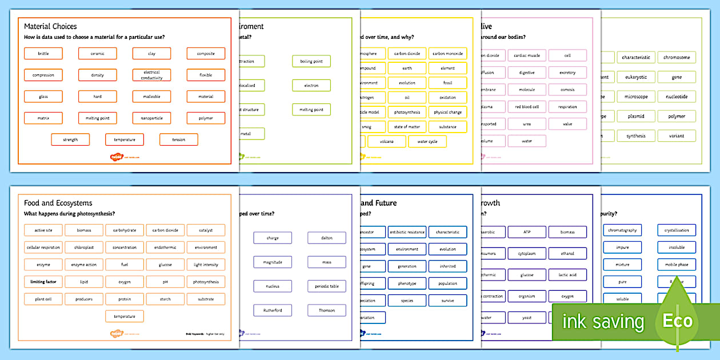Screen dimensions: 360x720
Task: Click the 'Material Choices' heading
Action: tap(50, 26)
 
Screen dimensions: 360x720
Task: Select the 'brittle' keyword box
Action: tap(43, 54)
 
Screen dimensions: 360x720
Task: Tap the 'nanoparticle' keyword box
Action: tap(151, 118)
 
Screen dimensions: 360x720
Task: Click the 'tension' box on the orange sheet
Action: tap(179, 139)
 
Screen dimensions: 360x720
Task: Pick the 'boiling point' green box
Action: tap(311, 61)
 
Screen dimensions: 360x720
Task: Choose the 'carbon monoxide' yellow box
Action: tap(447, 54)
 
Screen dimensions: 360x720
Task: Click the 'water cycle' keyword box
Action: tap(427, 142)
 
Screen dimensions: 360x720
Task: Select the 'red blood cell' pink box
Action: tap(527, 107)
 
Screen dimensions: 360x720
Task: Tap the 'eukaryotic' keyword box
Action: tap(636, 77)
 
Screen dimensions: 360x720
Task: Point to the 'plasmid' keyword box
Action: tap(636, 116)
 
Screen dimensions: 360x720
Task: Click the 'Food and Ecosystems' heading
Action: tap(58, 203)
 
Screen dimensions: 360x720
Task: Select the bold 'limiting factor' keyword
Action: tap(43, 282)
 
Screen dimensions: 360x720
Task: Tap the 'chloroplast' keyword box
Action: tap(84, 247)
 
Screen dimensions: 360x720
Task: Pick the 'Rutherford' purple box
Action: tap(273, 310)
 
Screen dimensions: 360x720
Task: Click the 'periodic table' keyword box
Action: tap(326, 286)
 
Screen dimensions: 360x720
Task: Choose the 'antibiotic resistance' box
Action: tap(407, 232)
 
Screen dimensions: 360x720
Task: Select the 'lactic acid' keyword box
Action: tap(567, 275)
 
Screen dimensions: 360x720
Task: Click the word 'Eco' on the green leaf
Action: tap(677, 321)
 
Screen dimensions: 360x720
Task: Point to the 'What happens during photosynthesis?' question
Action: tap(70, 214)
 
